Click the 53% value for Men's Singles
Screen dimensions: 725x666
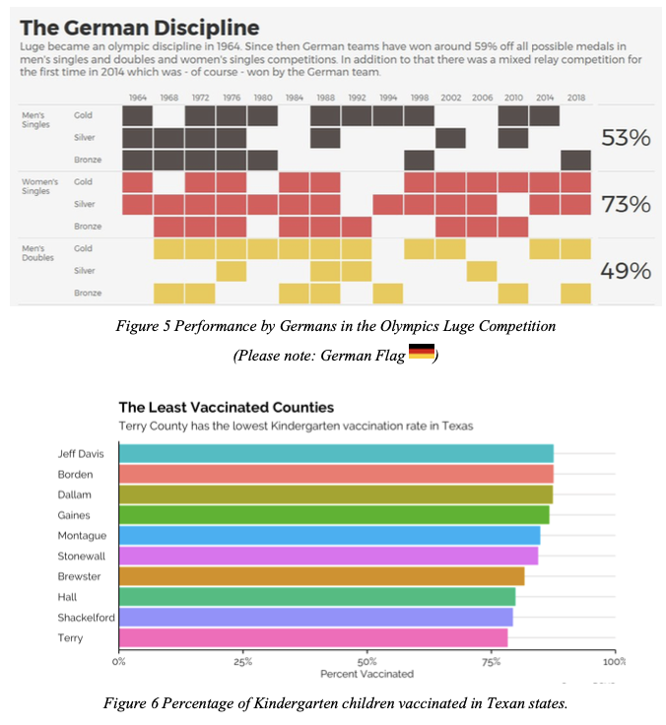626,138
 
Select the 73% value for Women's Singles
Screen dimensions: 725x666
626,205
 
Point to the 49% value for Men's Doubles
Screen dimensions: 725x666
626,271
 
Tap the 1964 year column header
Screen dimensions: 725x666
137,98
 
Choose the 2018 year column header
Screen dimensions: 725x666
575,98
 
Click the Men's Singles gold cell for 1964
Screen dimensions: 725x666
137,116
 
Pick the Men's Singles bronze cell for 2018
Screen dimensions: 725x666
575,160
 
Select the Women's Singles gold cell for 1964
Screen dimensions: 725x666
137,182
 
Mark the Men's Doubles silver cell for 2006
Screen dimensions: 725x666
482,271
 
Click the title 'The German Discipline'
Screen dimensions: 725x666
139,27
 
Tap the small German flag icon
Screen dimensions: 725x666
422,352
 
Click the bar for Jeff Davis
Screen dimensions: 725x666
336,453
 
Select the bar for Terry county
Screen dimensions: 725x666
313,637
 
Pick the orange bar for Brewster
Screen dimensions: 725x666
321,576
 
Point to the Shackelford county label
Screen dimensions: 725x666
85,618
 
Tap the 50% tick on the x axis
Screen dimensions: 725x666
367,661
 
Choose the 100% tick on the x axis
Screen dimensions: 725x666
614,661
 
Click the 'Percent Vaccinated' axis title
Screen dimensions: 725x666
366,674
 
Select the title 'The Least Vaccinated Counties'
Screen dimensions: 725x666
226,407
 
